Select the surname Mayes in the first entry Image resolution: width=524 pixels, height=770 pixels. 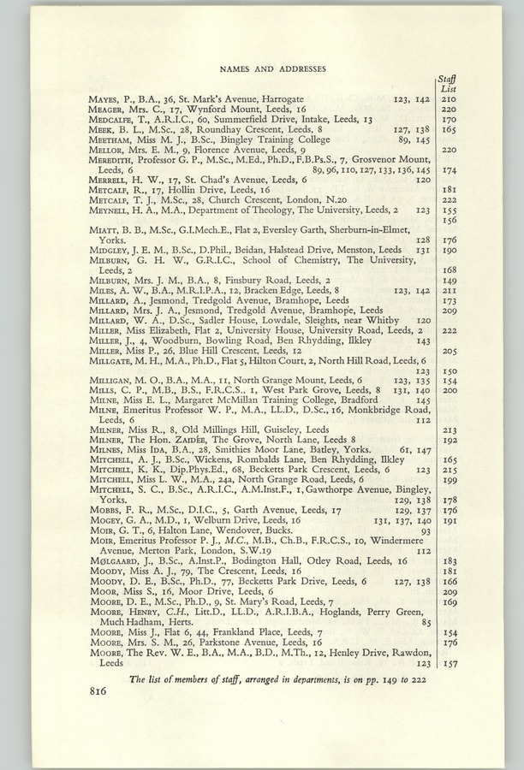point(104,100)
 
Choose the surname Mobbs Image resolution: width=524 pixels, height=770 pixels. point(104,509)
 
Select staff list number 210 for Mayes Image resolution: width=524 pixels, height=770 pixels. point(448,100)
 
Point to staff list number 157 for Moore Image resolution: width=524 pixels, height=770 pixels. point(448,663)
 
